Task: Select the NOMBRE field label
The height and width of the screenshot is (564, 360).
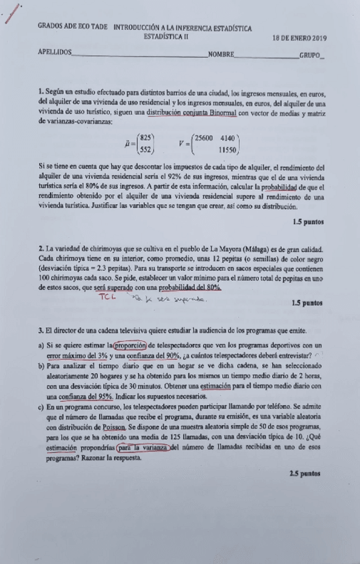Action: (220, 54)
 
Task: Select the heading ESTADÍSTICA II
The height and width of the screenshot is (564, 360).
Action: (166, 37)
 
